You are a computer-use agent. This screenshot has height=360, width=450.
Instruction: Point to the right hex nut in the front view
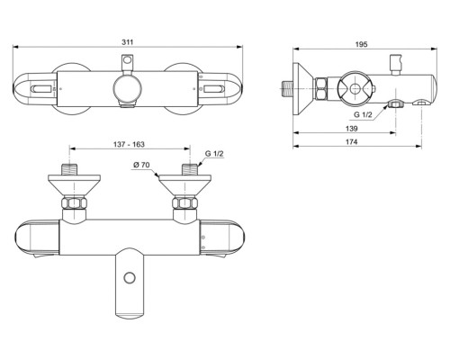point(187,204)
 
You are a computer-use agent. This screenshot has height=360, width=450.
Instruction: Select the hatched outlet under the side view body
point(393,105)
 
